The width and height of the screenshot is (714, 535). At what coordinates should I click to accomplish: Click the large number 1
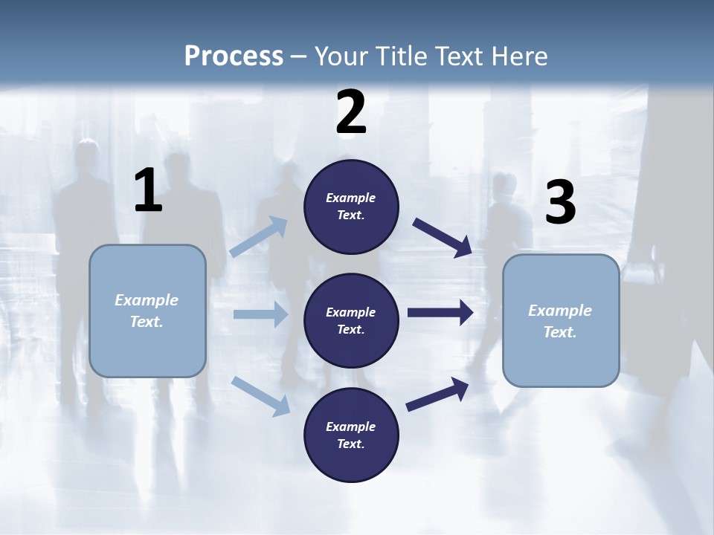148,191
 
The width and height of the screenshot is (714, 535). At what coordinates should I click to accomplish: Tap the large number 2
351,112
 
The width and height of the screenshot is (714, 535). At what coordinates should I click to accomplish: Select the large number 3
560,204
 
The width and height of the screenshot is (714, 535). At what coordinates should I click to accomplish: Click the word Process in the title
234,56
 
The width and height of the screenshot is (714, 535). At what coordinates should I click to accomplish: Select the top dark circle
351,207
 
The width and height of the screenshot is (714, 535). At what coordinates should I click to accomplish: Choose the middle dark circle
351,320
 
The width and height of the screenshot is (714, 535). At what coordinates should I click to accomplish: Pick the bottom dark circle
351,435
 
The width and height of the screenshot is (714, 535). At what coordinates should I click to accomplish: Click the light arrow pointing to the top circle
259,237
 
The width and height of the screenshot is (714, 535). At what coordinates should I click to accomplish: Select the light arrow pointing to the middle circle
260,314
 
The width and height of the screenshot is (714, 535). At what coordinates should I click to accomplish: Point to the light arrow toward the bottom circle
261,395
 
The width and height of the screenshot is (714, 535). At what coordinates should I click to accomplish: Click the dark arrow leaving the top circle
442,237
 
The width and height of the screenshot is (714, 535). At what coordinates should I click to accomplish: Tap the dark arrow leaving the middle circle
440,313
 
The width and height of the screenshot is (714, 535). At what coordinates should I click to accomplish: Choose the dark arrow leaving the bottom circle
437,394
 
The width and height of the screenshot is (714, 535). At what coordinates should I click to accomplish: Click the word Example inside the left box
147,300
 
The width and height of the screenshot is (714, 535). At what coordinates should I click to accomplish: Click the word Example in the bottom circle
351,427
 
